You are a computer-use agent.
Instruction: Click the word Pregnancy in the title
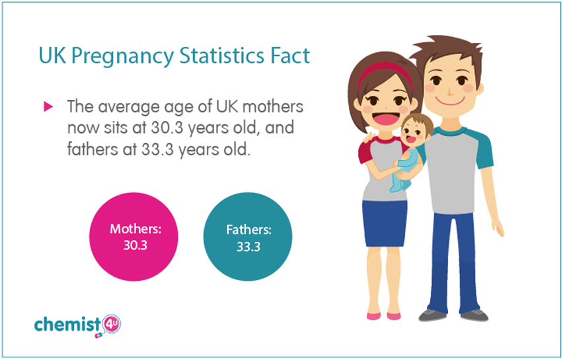click(x=122, y=56)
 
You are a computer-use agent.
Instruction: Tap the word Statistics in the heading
click(x=222, y=55)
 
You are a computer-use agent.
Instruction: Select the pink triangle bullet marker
click(x=48, y=106)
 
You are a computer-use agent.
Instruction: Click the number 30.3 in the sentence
click(x=167, y=127)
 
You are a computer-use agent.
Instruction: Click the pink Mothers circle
click(x=133, y=237)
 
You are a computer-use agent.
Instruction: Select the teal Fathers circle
click(x=248, y=237)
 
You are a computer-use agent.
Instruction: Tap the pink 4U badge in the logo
click(x=111, y=325)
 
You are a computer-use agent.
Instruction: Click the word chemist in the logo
click(x=67, y=324)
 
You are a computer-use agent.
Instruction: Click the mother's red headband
click(x=385, y=72)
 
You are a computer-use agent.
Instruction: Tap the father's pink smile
click(x=450, y=101)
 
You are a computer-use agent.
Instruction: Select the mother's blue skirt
click(x=385, y=223)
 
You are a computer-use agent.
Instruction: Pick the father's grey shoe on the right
click(x=474, y=315)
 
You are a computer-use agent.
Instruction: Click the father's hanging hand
click(x=498, y=227)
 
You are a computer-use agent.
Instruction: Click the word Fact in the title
click(x=290, y=55)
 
